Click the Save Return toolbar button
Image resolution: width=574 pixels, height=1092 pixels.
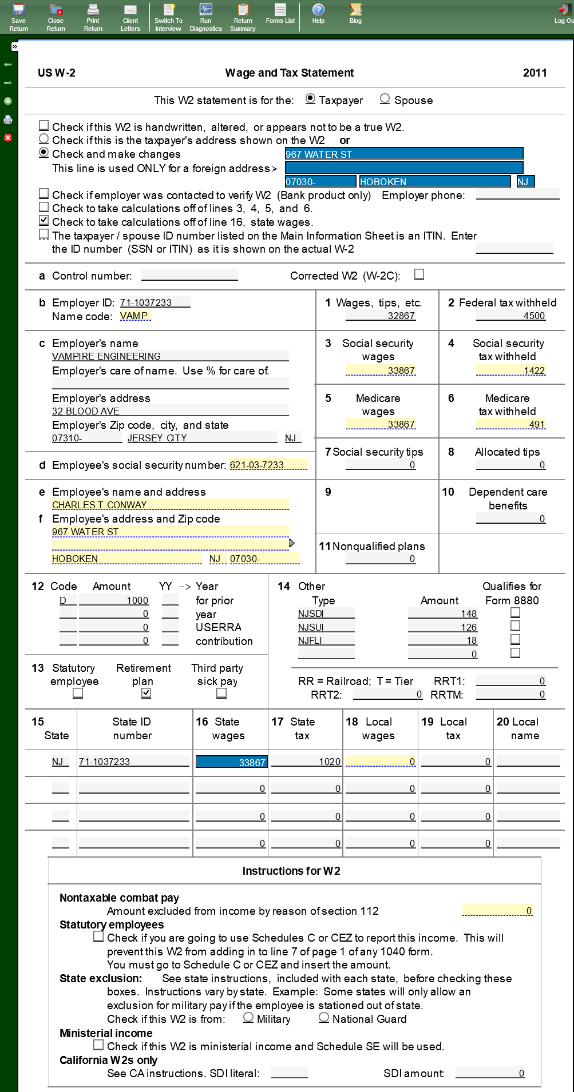tap(18, 17)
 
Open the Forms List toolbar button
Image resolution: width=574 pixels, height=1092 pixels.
tap(280, 14)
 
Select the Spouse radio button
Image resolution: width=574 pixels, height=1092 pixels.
tap(385, 99)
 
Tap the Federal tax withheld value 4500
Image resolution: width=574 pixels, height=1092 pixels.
tap(510, 316)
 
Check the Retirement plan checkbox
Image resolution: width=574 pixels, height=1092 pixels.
tap(147, 693)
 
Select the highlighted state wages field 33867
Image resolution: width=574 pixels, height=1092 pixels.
tap(231, 762)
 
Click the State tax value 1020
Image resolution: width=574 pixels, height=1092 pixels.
tap(306, 762)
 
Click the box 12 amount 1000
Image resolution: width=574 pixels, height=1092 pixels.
tap(114, 600)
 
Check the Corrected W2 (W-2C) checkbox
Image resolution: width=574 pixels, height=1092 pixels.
tap(419, 274)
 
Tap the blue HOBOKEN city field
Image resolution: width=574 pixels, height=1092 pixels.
tap(434, 182)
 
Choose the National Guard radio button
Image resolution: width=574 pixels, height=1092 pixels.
tap(324, 1018)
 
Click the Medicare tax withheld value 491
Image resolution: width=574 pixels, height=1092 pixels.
tap(510, 424)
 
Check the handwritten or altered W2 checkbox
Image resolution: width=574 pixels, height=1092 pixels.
tap(44, 126)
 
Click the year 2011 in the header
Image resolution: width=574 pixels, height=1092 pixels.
tap(535, 73)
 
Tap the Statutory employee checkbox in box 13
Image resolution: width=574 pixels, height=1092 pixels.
tap(78, 693)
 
